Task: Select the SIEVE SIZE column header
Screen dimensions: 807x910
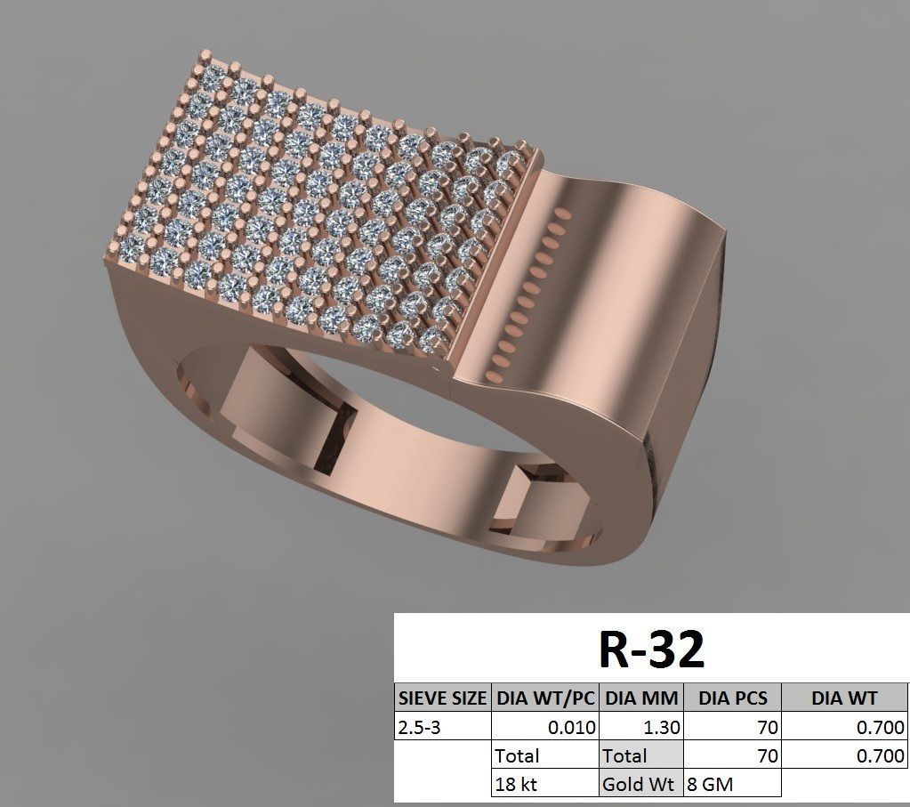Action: point(442,698)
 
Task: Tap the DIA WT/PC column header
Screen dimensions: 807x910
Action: point(545,698)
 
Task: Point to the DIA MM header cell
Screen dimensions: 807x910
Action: point(641,698)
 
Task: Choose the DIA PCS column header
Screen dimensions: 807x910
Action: point(732,698)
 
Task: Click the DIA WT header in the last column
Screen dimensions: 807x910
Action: point(844,698)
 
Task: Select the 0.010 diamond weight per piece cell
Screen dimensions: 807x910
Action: point(571,728)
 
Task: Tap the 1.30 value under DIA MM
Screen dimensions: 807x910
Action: point(661,728)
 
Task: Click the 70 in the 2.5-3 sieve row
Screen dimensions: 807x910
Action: point(767,728)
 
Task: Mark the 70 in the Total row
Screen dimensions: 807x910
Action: point(767,756)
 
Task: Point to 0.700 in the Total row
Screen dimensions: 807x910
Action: point(881,756)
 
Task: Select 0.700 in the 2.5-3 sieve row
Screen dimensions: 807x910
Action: point(881,728)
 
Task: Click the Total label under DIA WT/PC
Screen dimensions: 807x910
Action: point(518,756)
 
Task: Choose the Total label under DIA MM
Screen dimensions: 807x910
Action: point(624,756)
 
